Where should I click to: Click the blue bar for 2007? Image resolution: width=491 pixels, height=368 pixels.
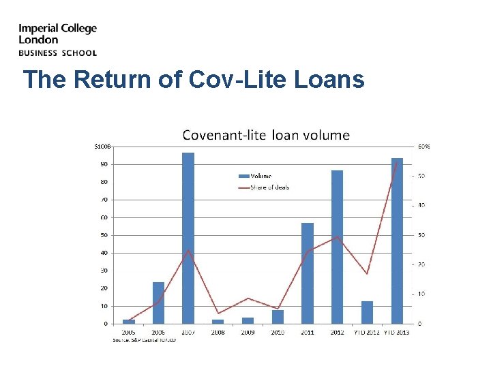(188, 238)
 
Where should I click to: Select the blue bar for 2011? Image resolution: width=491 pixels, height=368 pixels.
(308, 273)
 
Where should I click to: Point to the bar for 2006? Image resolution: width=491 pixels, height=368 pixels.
(158, 303)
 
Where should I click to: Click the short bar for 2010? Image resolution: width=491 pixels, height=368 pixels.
(278, 317)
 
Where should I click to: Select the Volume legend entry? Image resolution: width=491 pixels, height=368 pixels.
(260, 177)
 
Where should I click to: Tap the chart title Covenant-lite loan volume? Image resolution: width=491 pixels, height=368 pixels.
(265, 135)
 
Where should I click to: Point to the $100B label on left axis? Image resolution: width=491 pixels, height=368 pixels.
(102, 147)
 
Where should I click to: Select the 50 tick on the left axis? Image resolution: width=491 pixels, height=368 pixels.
(104, 235)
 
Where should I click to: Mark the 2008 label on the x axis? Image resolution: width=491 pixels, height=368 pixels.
(218, 333)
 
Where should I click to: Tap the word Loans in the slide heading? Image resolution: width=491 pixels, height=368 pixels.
(330, 80)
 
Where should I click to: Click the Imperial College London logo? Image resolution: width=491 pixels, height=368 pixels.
(57, 40)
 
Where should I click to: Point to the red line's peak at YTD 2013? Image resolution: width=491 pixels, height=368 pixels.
(397, 163)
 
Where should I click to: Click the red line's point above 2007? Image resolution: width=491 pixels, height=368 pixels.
(188, 250)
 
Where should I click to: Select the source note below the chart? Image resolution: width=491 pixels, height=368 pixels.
(144, 339)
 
